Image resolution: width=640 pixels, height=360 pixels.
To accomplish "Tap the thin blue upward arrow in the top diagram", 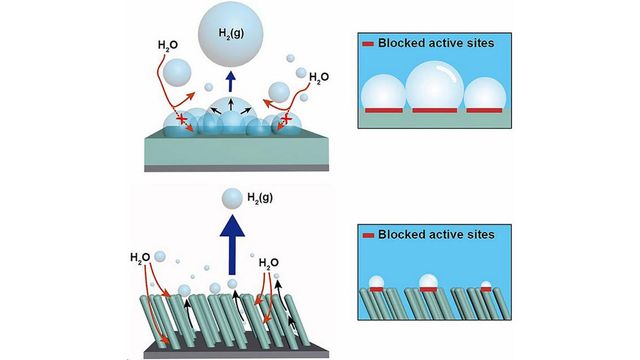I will coord(231,79).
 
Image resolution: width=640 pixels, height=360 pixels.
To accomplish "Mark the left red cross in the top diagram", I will coord(181,120).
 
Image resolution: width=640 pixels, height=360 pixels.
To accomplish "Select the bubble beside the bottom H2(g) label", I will coord(232,199).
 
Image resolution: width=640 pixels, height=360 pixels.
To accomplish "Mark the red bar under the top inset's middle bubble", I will coord(437,108).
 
